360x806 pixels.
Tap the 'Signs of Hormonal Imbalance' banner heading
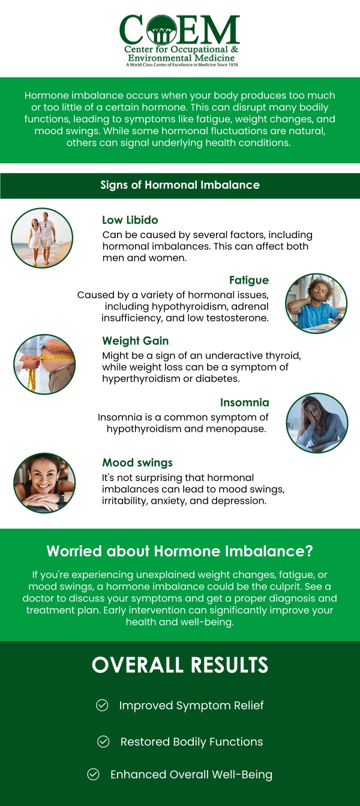click(x=180, y=185)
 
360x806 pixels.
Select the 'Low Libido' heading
click(x=130, y=220)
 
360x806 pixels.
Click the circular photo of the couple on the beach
click(x=42, y=237)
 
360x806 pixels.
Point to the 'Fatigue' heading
click(x=248, y=280)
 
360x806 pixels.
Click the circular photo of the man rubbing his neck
click(x=316, y=303)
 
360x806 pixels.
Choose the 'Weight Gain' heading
click(x=135, y=341)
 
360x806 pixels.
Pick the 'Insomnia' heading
click(x=244, y=402)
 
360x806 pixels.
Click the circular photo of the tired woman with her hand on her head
click(x=317, y=423)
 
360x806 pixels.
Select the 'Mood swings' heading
click(x=137, y=462)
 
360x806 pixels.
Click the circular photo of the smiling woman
click(x=44, y=483)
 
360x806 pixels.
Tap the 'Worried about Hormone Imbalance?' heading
click(x=180, y=551)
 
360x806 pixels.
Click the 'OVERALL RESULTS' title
click(x=180, y=665)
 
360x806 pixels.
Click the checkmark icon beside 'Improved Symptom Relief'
click(x=102, y=705)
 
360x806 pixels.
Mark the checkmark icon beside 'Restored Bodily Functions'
click(x=103, y=742)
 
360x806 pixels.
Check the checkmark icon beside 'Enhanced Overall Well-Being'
click(x=93, y=774)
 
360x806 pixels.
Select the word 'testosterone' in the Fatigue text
click(x=238, y=318)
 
